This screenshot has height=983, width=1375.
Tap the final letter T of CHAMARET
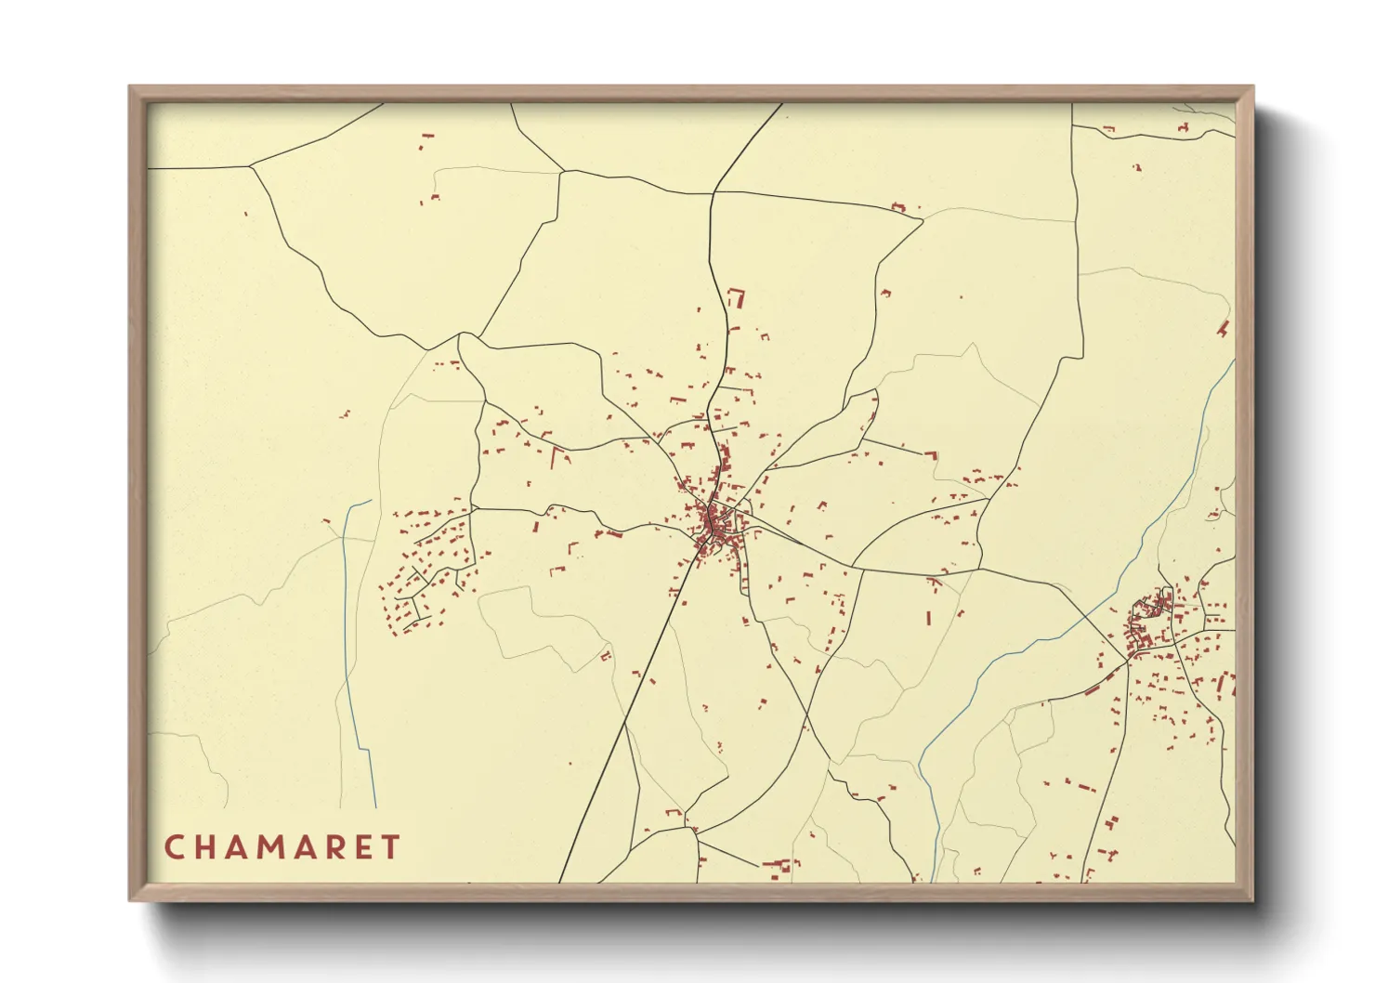point(391,847)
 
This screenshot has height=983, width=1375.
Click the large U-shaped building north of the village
point(738,297)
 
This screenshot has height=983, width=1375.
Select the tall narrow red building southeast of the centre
point(929,617)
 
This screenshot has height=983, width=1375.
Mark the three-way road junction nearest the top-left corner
point(251,167)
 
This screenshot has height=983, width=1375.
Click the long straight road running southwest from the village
point(632,697)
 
